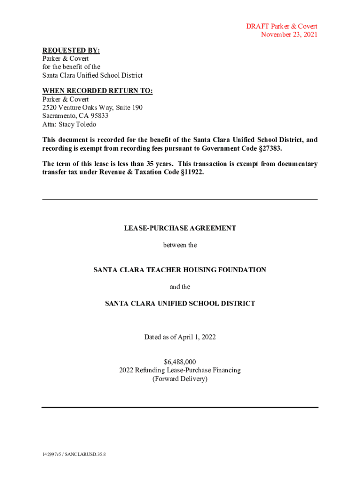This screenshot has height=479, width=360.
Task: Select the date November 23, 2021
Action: (x=289, y=35)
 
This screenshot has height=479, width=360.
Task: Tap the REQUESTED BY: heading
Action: (x=71, y=51)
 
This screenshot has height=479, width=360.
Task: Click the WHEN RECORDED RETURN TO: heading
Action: (x=97, y=91)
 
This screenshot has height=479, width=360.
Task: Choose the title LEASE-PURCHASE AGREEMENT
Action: (x=180, y=228)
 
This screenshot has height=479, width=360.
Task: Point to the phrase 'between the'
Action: (x=180, y=245)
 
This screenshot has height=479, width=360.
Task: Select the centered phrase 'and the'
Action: (x=180, y=287)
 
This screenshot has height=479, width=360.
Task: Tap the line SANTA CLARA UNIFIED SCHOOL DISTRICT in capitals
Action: (x=180, y=304)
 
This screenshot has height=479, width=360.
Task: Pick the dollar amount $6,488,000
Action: (x=180, y=362)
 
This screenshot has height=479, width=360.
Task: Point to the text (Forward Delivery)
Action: (x=180, y=379)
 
